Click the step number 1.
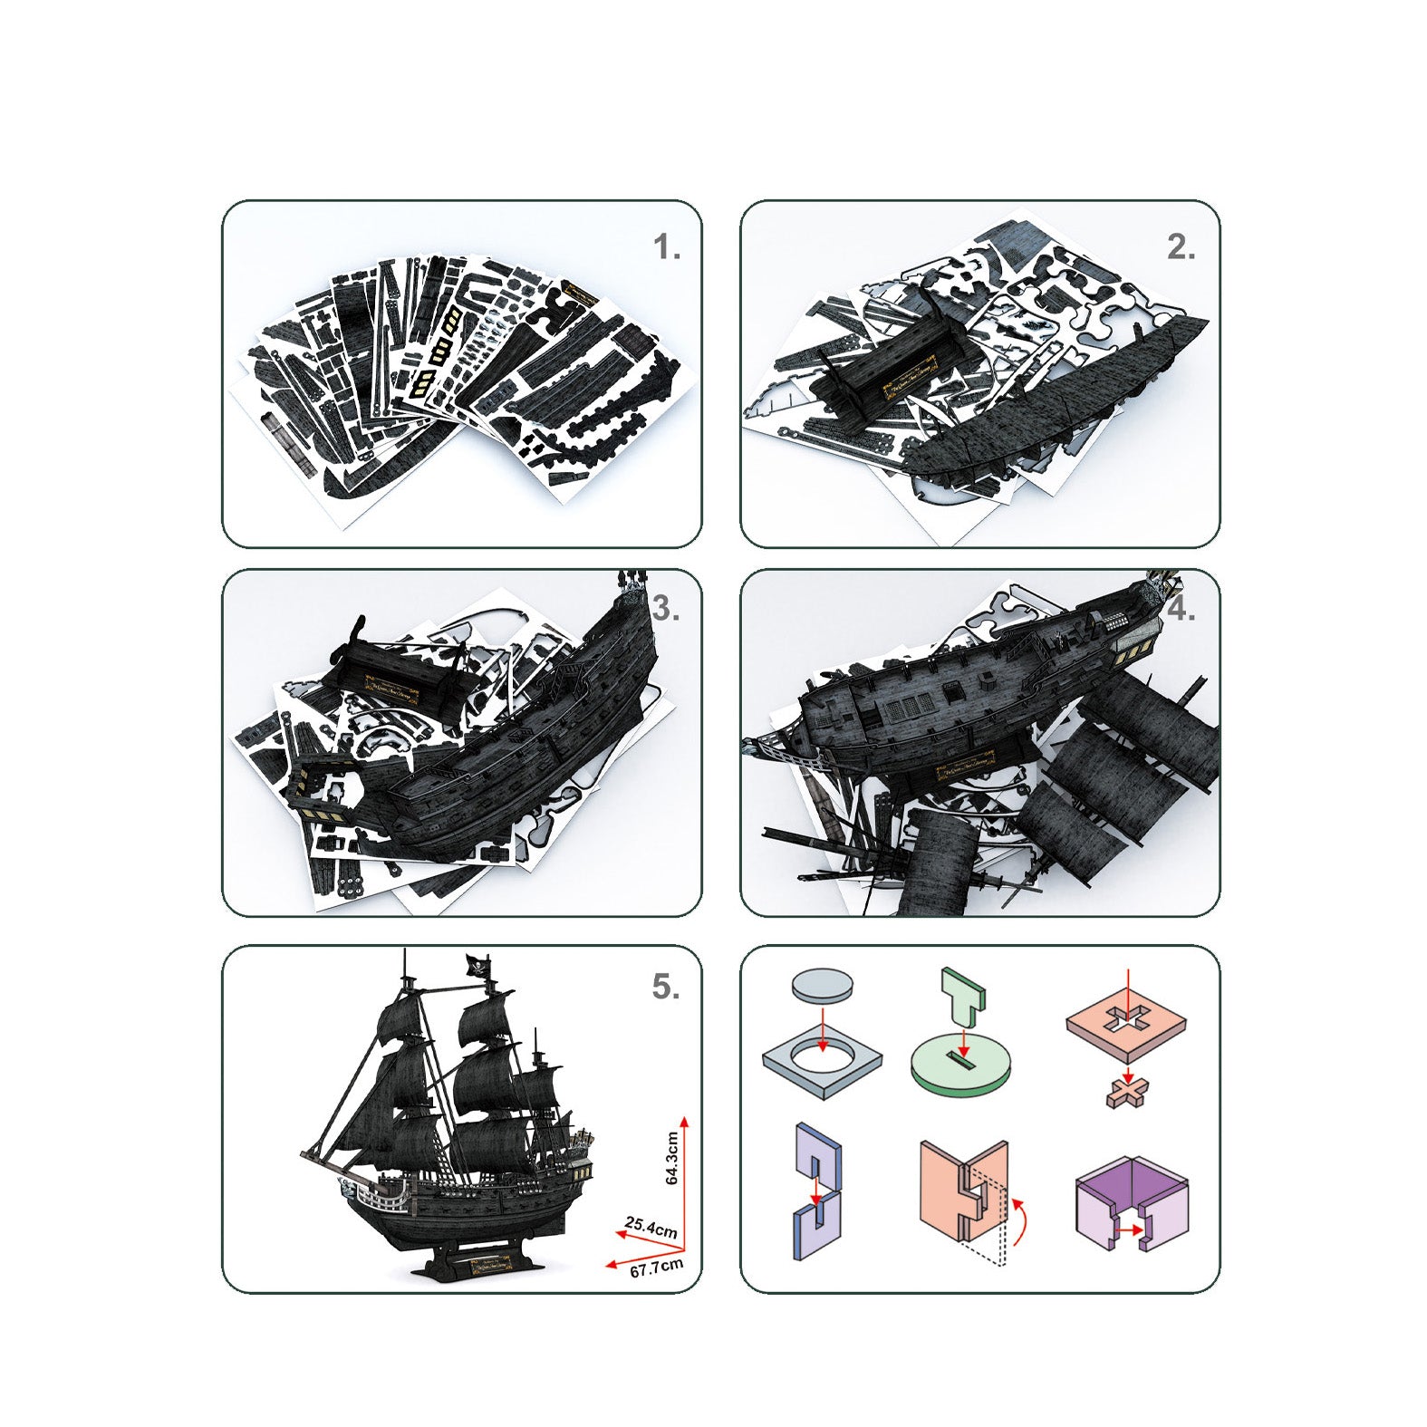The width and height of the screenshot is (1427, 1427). pos(666,247)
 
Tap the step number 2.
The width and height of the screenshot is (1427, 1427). pos(1180,247)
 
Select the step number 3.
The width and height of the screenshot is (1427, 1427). pos(665,610)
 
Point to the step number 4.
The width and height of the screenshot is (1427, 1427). pos(1181,610)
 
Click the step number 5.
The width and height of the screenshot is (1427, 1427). pos(665,988)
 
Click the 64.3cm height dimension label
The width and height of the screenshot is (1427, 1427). pos(671,1158)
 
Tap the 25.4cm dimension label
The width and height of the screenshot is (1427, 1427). pos(651,1229)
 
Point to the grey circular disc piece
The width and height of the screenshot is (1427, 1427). pos(822,985)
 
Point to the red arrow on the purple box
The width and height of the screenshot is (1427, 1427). pos(1128,1229)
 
